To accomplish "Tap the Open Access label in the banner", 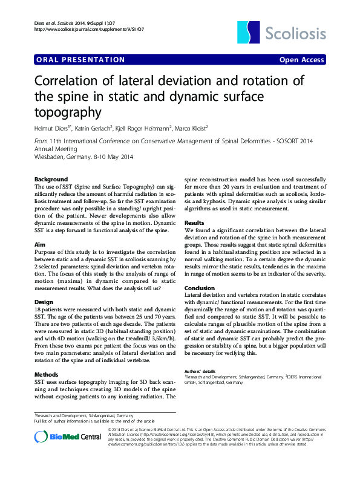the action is (x=301, y=60).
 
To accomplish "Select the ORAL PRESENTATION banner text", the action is (x=81, y=60).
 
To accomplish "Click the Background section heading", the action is (x=51, y=180).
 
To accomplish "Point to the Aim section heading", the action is (x=40, y=244).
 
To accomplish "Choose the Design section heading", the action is (x=44, y=301).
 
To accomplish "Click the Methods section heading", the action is (x=47, y=375).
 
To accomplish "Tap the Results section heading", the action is (x=195, y=223).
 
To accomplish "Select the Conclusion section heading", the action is (x=200, y=288).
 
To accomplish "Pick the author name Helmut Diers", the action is (x=53, y=128).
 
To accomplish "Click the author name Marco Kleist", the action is (x=191, y=128).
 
